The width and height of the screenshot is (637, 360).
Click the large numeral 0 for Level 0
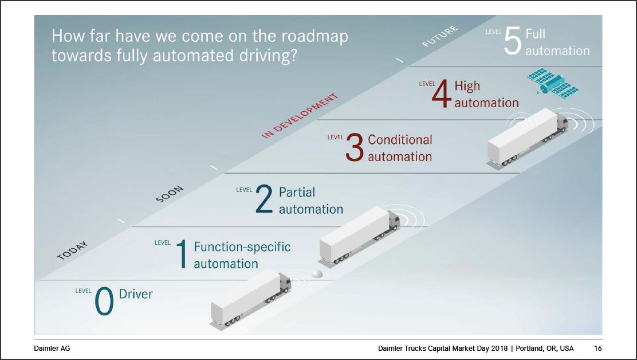[x=104, y=301]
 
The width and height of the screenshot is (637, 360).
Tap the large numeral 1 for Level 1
[x=182, y=253]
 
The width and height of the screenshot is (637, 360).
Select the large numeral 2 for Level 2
[x=264, y=199]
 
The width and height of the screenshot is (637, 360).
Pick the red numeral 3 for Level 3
[x=354, y=147]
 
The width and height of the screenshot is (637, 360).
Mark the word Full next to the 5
[x=536, y=34]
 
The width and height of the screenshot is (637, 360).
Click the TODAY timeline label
[x=72, y=251]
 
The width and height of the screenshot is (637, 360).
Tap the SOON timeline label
[x=170, y=194]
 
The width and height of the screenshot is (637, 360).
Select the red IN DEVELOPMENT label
[x=300, y=116]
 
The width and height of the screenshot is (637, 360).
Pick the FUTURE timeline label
[x=441, y=36]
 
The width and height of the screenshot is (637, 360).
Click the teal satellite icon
[x=553, y=84]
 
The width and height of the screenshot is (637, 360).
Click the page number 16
[x=597, y=348]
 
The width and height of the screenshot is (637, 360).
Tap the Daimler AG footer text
[x=52, y=348]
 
